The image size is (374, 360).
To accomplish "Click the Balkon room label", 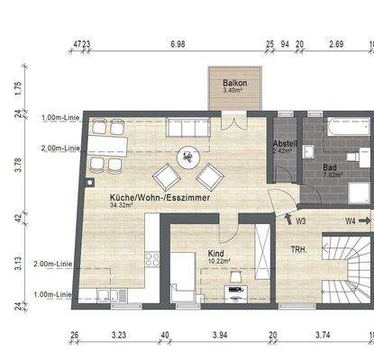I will (x=234, y=84).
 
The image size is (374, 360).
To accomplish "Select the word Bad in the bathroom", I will (x=331, y=166).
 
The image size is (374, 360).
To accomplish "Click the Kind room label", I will (x=215, y=255).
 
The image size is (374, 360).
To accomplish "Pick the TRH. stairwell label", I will (x=299, y=249).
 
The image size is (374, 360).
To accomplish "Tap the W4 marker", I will (x=351, y=218).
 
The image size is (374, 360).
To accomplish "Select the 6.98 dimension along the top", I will (x=178, y=43).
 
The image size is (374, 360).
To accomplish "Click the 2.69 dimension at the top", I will (x=336, y=43).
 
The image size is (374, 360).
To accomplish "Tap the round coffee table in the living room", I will (x=188, y=157).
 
